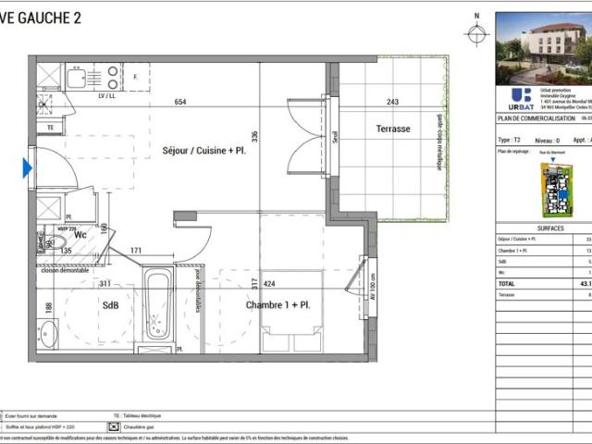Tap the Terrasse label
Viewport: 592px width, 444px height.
tap(393, 129)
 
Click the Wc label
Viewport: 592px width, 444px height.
tap(80, 234)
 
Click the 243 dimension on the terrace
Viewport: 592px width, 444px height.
tap(393, 103)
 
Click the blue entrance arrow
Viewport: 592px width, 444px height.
tap(28, 167)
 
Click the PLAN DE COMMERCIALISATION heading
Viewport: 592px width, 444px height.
tap(531, 119)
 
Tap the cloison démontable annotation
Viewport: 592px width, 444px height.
tap(64, 269)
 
